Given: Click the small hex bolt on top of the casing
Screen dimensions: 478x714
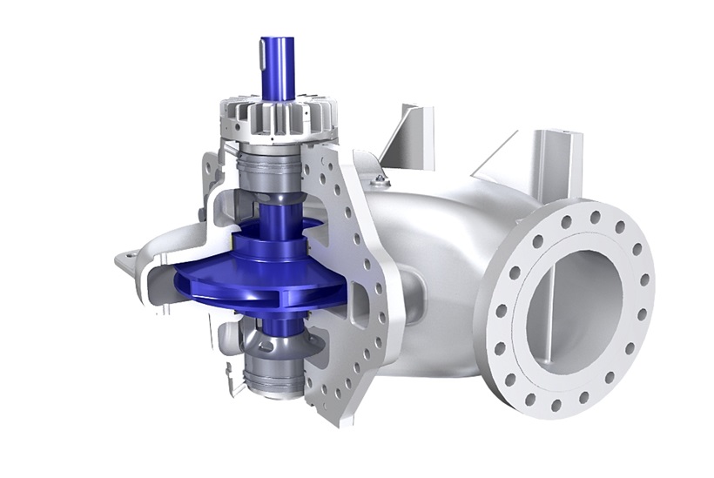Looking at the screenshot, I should coord(380,179).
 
